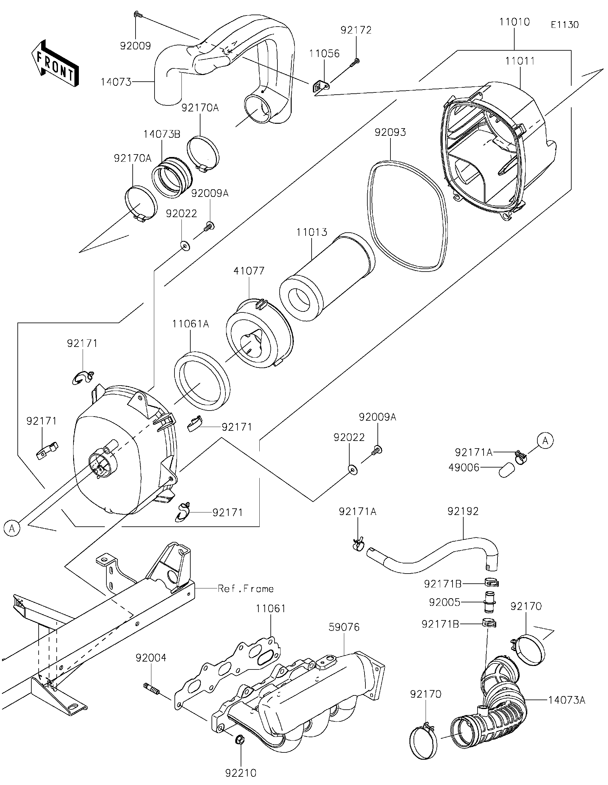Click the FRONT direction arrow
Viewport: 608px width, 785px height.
pyautogui.click(x=55, y=63)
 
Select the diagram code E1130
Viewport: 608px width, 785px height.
pyautogui.click(x=565, y=25)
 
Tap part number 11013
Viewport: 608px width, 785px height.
pyautogui.click(x=312, y=232)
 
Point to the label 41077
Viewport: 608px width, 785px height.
pyautogui.click(x=249, y=271)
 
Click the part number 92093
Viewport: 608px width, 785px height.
pyautogui.click(x=390, y=132)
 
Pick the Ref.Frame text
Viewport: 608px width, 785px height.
pyautogui.click(x=245, y=589)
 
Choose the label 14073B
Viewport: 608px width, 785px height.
pyautogui.click(x=162, y=134)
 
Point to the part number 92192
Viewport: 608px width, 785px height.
pyautogui.click(x=463, y=511)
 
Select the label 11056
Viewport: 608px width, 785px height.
pyautogui.click(x=324, y=53)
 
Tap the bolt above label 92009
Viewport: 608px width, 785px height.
pyautogui.click(x=138, y=15)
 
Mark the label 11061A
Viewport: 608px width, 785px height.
pyautogui.click(x=191, y=324)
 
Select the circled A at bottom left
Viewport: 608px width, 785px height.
pyautogui.click(x=12, y=529)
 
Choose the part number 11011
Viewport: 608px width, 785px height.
pyautogui.click(x=520, y=61)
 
